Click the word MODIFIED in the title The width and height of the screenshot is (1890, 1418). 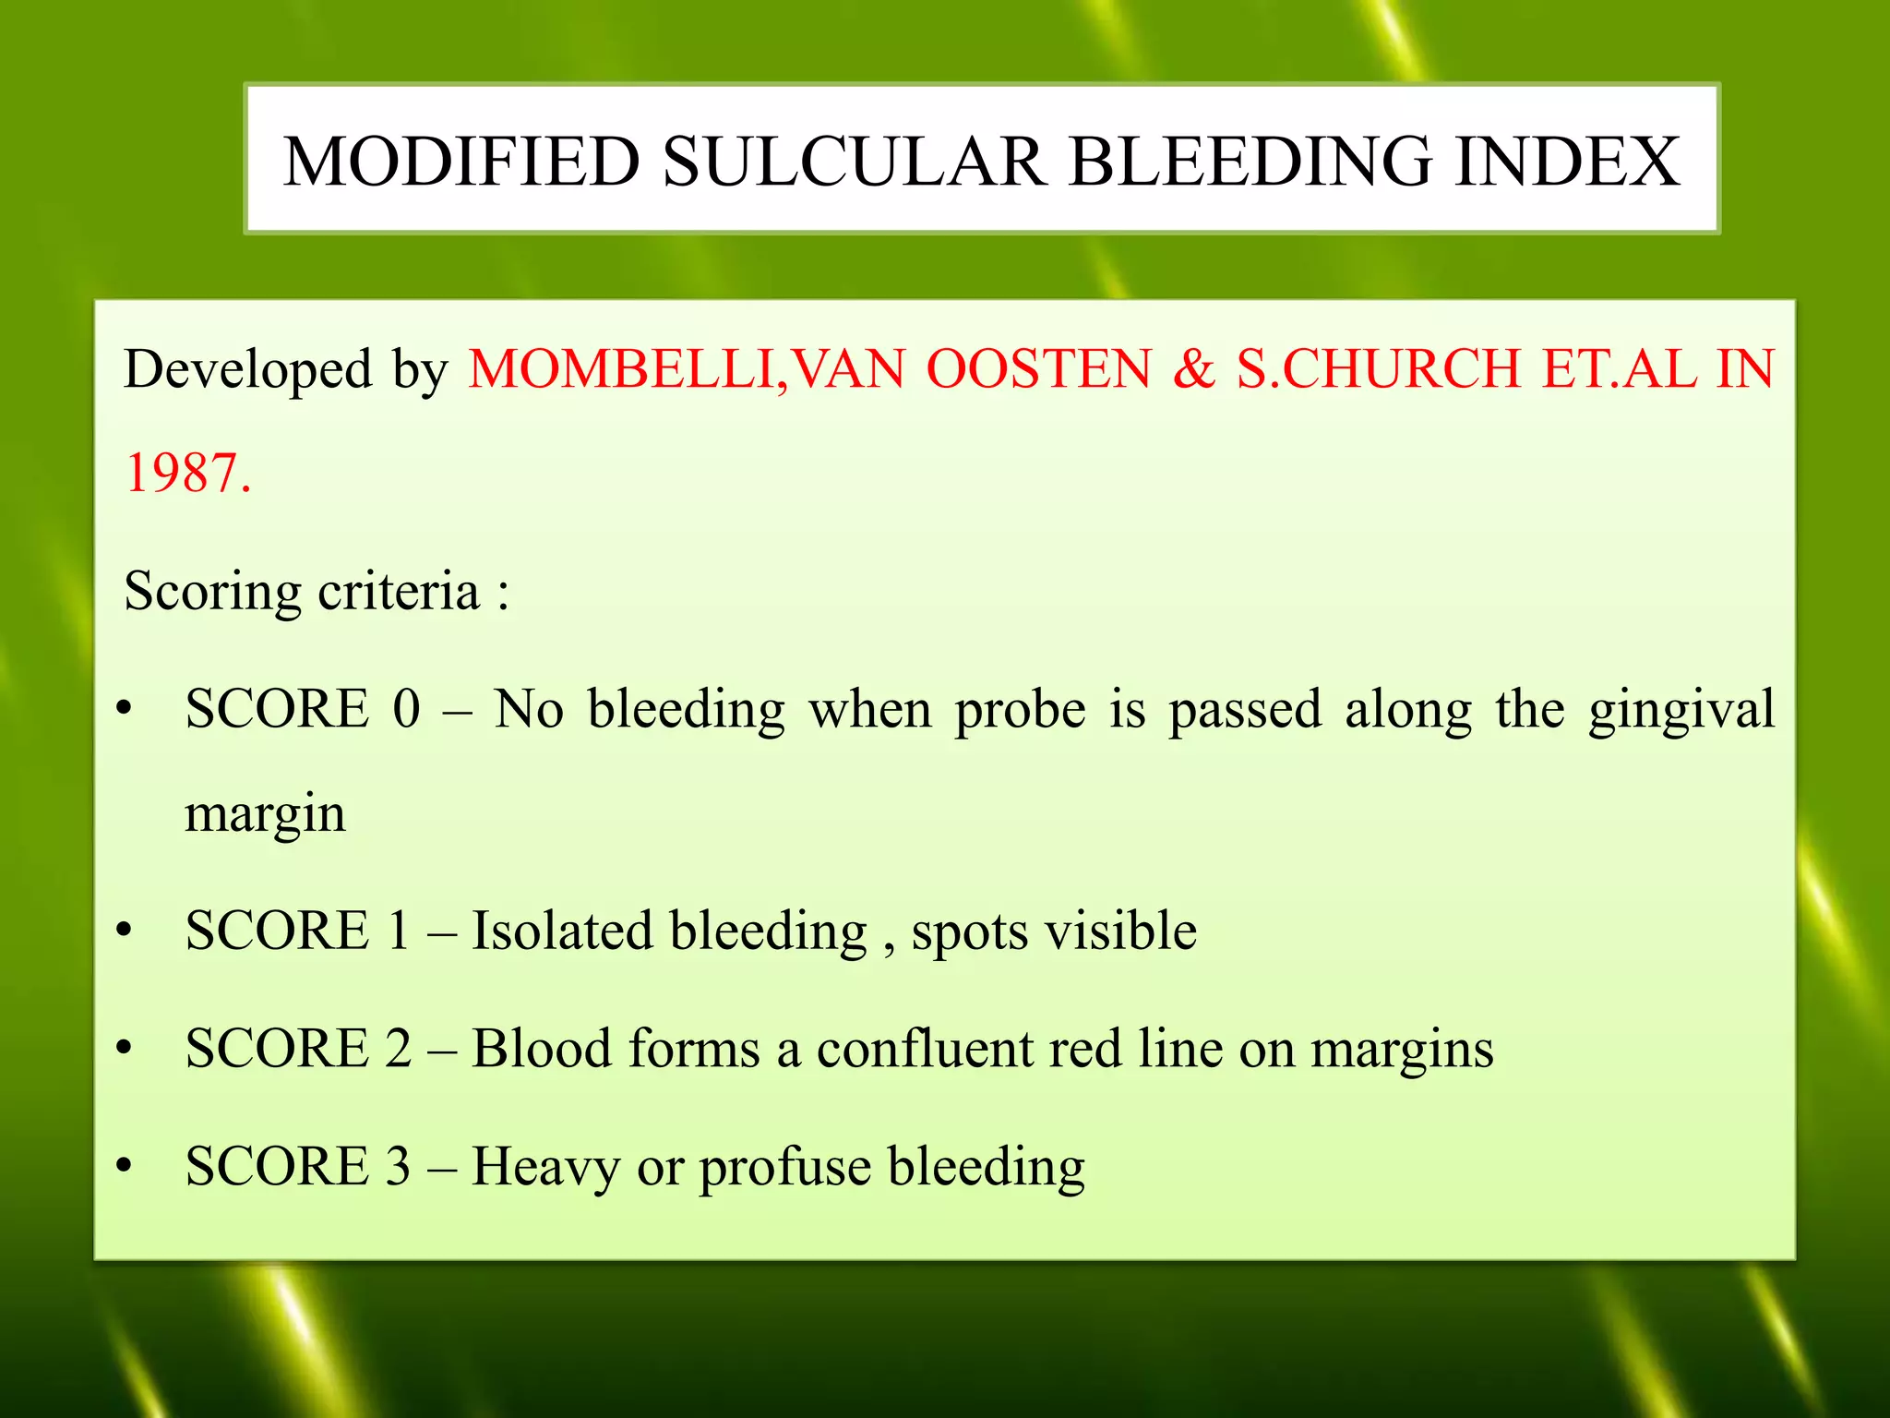(x=461, y=162)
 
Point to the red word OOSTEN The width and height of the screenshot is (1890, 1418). (x=1039, y=369)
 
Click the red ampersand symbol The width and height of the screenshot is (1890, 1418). (x=1194, y=369)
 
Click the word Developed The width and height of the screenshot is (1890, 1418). (x=248, y=369)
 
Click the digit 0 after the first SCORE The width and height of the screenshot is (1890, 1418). (x=406, y=709)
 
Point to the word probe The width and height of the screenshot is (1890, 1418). (x=1021, y=711)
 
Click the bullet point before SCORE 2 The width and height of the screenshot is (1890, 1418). (x=125, y=1050)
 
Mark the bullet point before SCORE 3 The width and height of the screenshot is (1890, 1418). (x=125, y=1167)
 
